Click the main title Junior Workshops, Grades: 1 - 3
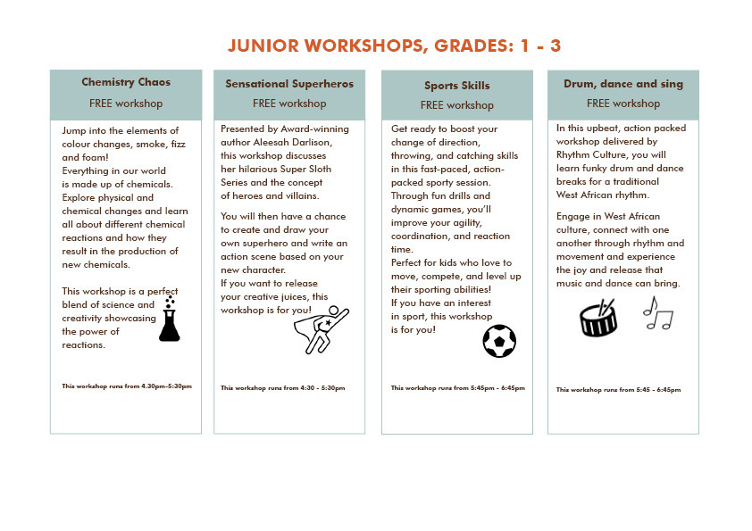(x=394, y=46)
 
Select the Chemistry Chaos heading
(x=126, y=82)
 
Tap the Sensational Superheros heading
(x=289, y=84)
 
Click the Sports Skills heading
(x=456, y=86)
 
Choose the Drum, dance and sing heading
(x=623, y=84)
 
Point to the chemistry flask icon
(x=169, y=319)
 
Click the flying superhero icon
(x=321, y=330)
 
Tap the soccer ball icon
(x=499, y=341)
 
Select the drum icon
(x=598, y=318)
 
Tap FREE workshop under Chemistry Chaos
(x=126, y=104)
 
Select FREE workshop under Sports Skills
(x=456, y=105)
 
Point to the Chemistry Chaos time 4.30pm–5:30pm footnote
(x=127, y=386)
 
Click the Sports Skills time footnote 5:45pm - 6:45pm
(x=458, y=388)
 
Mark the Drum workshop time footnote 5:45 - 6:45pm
(x=618, y=390)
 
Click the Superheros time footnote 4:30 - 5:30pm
(x=282, y=388)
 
